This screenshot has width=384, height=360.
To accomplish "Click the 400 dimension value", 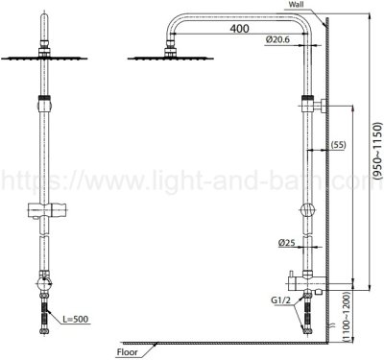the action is coord(239,29).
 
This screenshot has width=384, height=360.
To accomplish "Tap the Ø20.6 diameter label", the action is coord(277,39).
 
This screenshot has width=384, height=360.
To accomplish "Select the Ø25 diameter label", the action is coord(286,243).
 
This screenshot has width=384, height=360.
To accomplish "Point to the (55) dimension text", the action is coord(338,145).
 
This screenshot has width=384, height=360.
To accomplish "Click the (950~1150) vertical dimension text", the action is coord(377,153).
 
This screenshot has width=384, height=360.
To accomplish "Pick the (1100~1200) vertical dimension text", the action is coord(347,316).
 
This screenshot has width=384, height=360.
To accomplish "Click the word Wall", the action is coord(296,5).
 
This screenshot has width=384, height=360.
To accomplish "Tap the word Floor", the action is coord(128,352).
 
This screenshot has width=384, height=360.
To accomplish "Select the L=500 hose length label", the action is coord(75,319).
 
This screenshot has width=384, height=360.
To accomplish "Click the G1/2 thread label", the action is coord(281,300).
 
